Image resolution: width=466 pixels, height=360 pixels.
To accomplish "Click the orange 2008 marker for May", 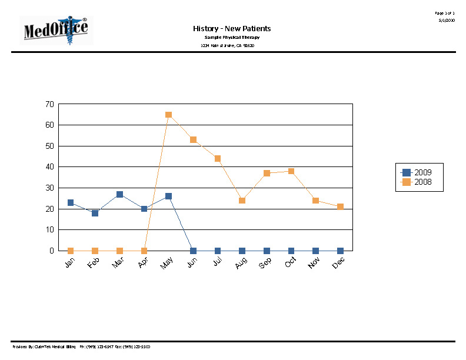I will (168, 115).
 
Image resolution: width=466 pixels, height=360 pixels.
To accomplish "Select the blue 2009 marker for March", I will (119, 194).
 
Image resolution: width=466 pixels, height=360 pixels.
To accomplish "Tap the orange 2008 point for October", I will (291, 171).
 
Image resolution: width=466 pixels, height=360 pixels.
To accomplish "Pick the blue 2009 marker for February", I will (95, 213).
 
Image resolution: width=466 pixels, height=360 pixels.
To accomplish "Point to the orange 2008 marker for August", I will (242, 201).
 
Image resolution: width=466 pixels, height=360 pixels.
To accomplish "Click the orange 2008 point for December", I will (340, 206).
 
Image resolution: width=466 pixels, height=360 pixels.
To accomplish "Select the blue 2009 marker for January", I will (71, 202).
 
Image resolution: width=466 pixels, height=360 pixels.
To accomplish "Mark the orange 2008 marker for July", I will (218, 158).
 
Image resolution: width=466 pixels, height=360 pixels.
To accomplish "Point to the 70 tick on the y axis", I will (49, 104).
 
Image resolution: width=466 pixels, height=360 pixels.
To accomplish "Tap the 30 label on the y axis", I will (49, 188).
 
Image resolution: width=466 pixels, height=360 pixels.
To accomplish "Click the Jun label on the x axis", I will (191, 264).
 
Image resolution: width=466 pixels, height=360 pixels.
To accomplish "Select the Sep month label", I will (265, 265).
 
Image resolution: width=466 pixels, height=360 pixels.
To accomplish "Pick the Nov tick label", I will (314, 265).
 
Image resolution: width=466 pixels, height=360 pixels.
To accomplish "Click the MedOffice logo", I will (56, 31).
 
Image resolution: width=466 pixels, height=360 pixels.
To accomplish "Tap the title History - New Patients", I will (232, 28).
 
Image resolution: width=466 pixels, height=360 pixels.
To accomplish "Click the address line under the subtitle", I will (227, 45).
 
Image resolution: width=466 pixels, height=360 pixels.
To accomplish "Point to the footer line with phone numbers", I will (81, 347).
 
